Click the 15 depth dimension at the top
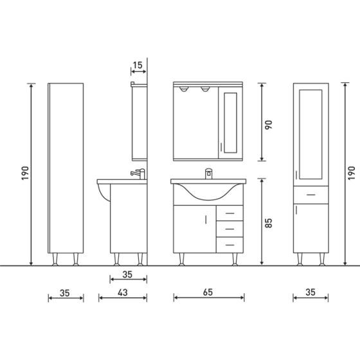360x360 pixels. point(138,65)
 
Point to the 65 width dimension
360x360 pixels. point(209,292)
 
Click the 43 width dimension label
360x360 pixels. point(122,292)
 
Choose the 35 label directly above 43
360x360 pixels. point(127,274)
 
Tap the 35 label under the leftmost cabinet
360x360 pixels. point(64,292)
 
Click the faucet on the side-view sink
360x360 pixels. point(138,174)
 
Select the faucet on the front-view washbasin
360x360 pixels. point(208,173)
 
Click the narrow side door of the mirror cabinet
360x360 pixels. point(230,122)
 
